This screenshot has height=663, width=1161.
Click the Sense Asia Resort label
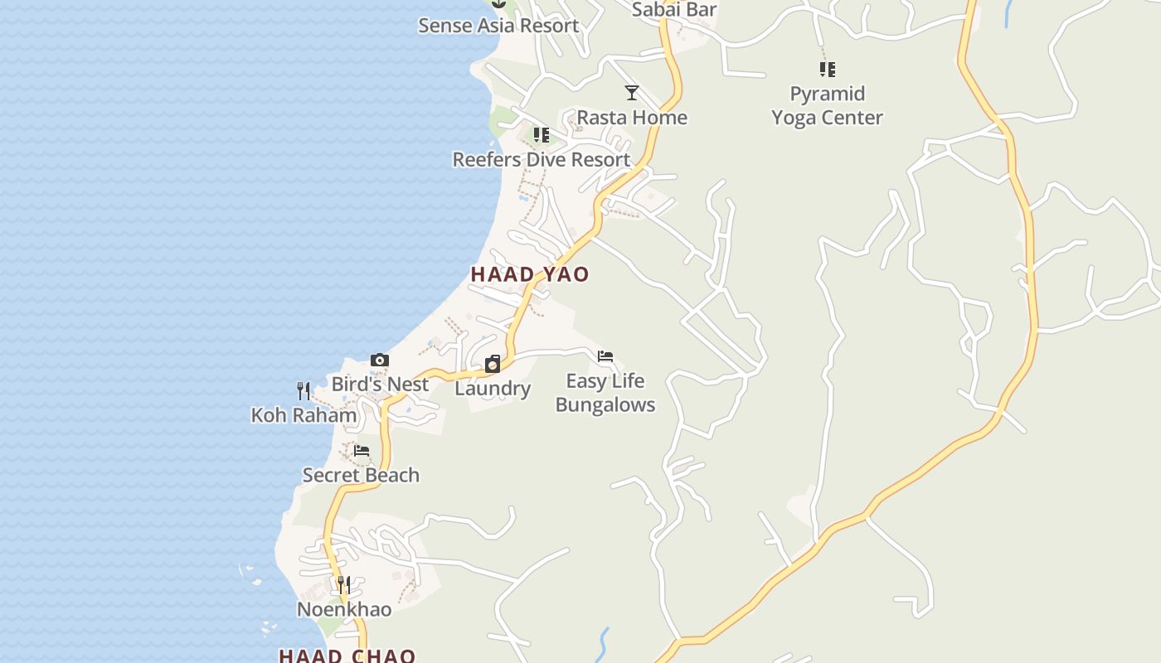[x=498, y=26]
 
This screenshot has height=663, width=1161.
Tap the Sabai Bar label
[x=673, y=10]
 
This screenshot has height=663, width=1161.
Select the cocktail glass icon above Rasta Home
[x=632, y=93]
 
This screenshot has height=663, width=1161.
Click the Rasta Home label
[x=632, y=118]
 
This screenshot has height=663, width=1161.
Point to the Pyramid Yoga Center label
[x=827, y=105]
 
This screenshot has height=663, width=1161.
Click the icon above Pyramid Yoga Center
[x=827, y=69]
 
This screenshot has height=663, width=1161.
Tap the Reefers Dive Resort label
[x=541, y=159]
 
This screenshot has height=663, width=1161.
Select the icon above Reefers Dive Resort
[x=541, y=134]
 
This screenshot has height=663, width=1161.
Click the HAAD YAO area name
[x=530, y=274]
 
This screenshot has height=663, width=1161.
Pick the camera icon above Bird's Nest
[x=380, y=360]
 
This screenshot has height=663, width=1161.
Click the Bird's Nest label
[x=380, y=385]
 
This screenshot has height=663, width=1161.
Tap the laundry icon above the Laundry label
[x=493, y=364]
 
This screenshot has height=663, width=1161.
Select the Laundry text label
[x=493, y=389]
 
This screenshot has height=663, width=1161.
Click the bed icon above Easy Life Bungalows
[x=605, y=356]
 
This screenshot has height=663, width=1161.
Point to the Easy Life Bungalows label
[x=605, y=393]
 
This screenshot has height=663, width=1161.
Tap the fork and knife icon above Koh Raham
[x=304, y=390]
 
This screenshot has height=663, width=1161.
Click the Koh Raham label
[x=304, y=415]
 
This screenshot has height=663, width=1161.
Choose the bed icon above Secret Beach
[x=361, y=451]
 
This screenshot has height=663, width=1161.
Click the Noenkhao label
[x=344, y=610]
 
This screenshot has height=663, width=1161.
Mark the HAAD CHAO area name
[x=347, y=656]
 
